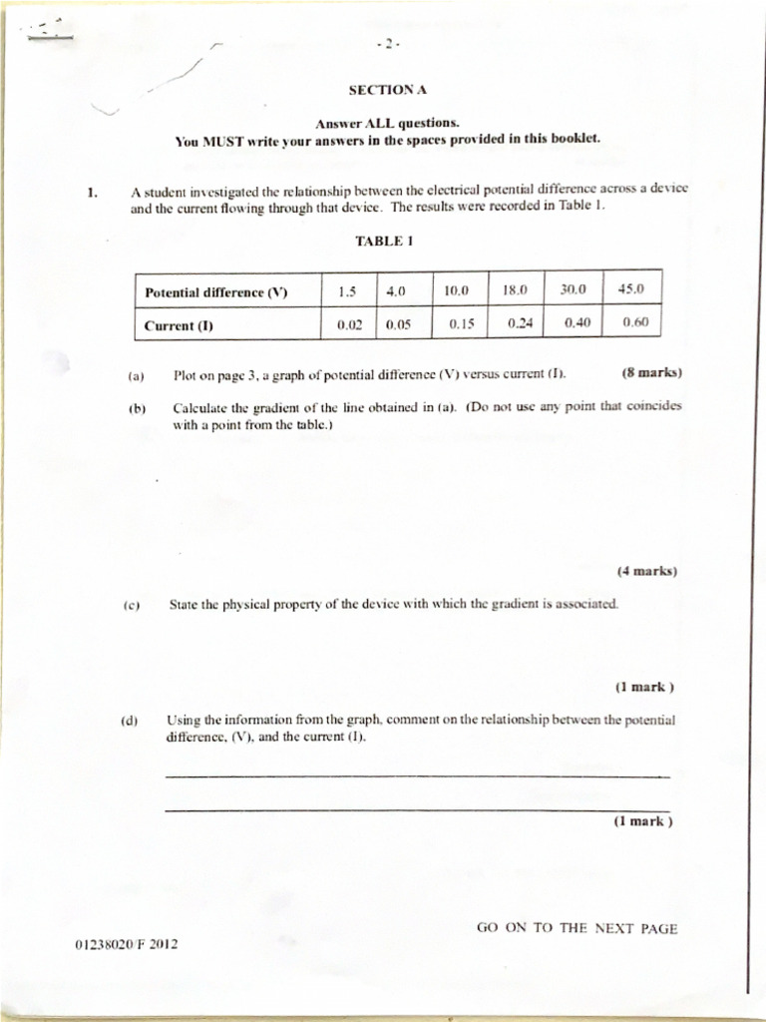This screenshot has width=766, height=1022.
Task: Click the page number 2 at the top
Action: pos(388,44)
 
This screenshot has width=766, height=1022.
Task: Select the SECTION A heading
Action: pos(387,90)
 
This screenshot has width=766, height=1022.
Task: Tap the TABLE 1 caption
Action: pos(383,241)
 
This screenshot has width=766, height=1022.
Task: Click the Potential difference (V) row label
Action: pos(215,292)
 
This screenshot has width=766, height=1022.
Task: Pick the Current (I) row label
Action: pos(179,325)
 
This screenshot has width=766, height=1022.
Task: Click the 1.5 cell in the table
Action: pos(347,291)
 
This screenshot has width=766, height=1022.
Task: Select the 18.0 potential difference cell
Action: pos(515,290)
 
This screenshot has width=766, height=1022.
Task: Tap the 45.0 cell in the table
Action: pos(631,289)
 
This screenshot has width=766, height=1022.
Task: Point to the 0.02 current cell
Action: pos(349,324)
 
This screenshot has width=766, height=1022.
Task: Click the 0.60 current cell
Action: pos(635,322)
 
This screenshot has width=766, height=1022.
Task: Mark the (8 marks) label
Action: pos(650,373)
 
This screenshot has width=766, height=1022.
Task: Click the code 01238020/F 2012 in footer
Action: pos(126,943)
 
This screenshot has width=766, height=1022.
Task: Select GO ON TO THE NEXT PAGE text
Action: pos(576,928)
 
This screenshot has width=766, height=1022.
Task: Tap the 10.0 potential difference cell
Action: pos(457,291)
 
